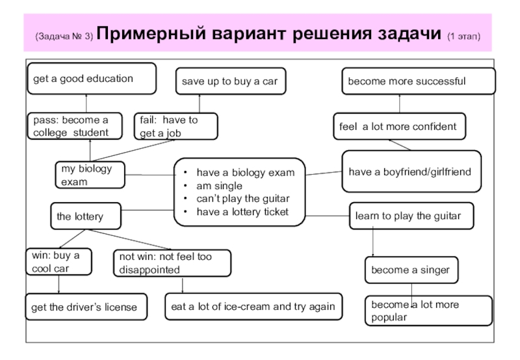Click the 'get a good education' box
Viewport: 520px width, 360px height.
coord(91,79)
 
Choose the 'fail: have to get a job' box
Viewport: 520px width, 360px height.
coord(175,126)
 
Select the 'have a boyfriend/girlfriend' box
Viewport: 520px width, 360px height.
coord(411,172)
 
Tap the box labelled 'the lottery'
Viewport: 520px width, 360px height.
coord(84,215)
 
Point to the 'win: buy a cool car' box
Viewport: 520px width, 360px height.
coord(58,263)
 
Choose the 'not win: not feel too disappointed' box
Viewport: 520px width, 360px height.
coord(172,263)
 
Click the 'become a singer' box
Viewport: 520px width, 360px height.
coord(411,269)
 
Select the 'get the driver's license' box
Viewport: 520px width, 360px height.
coord(86,307)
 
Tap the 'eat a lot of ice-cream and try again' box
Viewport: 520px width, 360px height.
coord(253,307)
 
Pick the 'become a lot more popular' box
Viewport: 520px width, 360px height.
coord(428,311)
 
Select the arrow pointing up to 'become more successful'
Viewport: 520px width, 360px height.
coord(400,104)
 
